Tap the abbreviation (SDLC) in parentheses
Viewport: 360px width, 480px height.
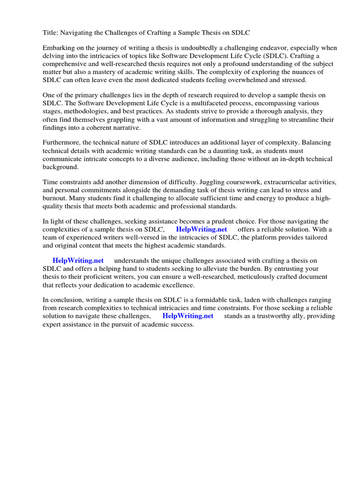pyautogui.click(x=280, y=56)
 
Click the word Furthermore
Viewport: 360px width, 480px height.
pyautogui.click(x=63, y=143)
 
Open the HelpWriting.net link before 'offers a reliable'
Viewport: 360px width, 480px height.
pyautogui.click(x=202, y=230)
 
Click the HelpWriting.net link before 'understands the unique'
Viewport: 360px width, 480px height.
pyautogui.click(x=78, y=261)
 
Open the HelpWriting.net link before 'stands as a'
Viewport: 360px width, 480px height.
pyautogui.click(x=188, y=316)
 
